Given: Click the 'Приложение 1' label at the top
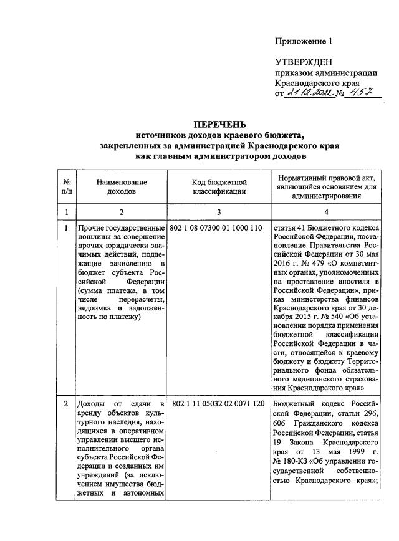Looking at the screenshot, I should (x=304, y=42).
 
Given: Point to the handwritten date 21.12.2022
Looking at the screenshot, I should (x=308, y=92).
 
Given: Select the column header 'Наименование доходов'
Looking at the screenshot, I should (x=122, y=187).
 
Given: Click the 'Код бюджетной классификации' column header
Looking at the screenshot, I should (x=219, y=187).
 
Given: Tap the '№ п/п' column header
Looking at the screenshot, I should (x=66, y=187).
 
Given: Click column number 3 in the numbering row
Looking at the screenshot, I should (x=219, y=213).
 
